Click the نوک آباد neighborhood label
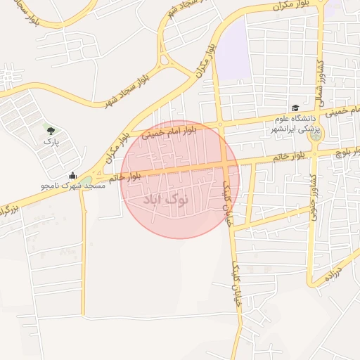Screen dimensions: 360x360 pyautogui.click(x=166, y=200)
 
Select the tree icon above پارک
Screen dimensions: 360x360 pyautogui.click(x=49, y=130)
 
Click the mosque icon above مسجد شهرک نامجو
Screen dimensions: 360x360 pyautogui.click(x=73, y=176)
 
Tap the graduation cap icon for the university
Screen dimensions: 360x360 pyautogui.click(x=295, y=108)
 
